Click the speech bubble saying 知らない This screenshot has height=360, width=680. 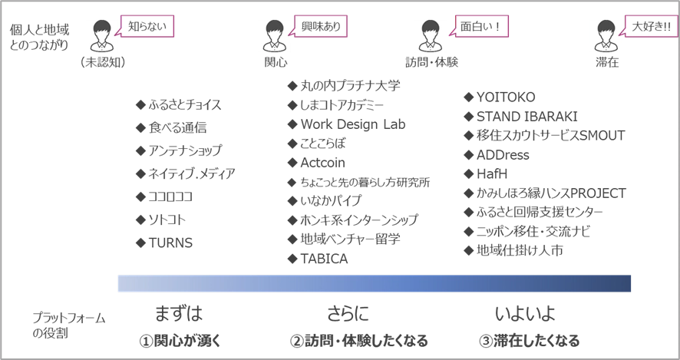147,26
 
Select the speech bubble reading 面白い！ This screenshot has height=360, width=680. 481,26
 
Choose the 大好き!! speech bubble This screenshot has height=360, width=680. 651,26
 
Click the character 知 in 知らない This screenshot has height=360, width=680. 132,26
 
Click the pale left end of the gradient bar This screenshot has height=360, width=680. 123,282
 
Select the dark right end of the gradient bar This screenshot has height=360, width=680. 626,282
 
